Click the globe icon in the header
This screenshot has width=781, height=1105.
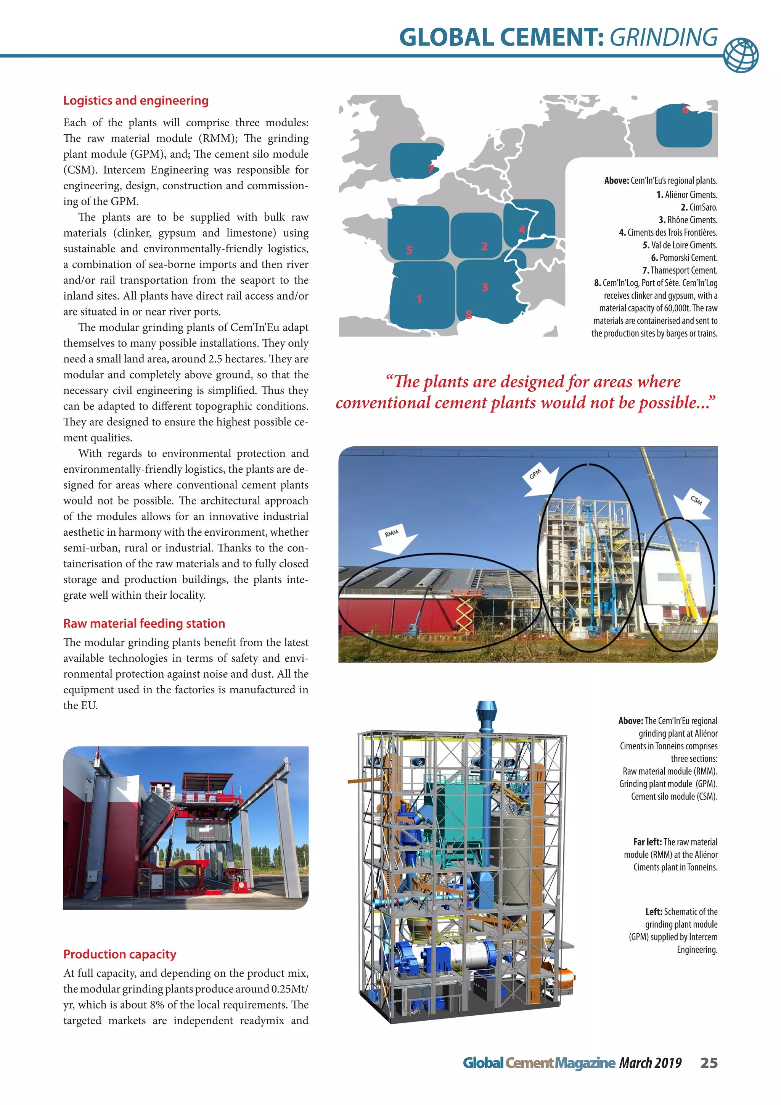pyautogui.click(x=741, y=55)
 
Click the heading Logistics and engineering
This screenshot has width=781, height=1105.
pyautogui.click(x=136, y=101)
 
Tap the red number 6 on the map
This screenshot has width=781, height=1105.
pyautogui.click(x=685, y=110)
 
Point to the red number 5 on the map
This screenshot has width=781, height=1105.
pyautogui.click(x=409, y=250)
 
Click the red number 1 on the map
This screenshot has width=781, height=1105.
pyautogui.click(x=419, y=299)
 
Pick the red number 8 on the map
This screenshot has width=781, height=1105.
pyautogui.click(x=468, y=315)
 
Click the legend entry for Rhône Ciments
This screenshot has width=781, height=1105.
pyautogui.click(x=688, y=220)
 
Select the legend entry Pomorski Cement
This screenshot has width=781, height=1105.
pyautogui.click(x=684, y=258)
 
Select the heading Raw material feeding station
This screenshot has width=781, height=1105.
pyautogui.click(x=144, y=623)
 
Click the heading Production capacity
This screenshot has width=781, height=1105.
pyautogui.click(x=120, y=954)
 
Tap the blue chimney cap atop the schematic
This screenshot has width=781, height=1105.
pyautogui.click(x=486, y=711)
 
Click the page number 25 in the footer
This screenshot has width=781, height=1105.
pyautogui.click(x=709, y=1063)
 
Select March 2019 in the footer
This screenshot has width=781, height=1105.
pyautogui.click(x=650, y=1063)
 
